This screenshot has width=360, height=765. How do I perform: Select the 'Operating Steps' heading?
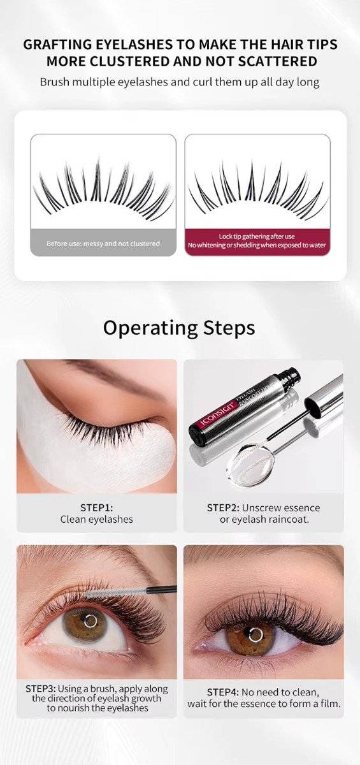[179, 328]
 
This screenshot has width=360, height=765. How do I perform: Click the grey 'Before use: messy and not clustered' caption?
[103, 244]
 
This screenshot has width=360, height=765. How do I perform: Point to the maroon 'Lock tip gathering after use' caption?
[257, 237]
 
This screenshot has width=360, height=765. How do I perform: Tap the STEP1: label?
[97, 507]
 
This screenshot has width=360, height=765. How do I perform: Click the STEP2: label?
[223, 508]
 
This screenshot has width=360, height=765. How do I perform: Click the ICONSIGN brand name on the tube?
[216, 414]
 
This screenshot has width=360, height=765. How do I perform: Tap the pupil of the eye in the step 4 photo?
[256, 635]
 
